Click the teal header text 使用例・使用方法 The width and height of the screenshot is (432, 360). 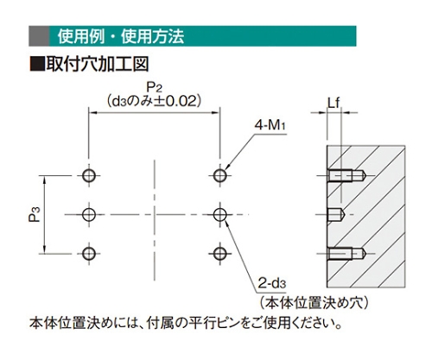click(x=121, y=36)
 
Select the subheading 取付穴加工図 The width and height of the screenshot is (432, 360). click(x=98, y=64)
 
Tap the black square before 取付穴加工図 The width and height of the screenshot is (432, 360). click(x=37, y=64)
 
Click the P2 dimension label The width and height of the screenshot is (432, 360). click(x=155, y=87)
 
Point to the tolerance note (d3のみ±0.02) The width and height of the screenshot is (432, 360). click(x=154, y=101)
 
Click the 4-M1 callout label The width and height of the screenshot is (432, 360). click(x=270, y=125)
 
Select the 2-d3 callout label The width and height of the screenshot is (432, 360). click(x=272, y=283)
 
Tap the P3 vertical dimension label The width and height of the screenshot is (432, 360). click(x=35, y=214)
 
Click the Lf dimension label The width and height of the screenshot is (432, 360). click(x=334, y=103)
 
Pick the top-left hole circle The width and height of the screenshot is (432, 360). click(x=89, y=175)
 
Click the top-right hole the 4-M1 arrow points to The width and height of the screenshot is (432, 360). click(x=220, y=175)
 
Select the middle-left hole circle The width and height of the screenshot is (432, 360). click(x=89, y=214)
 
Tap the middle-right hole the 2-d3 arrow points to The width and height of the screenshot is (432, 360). click(x=220, y=214)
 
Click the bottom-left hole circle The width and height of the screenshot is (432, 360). click(x=89, y=254)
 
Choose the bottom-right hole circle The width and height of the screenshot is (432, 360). click(x=220, y=254)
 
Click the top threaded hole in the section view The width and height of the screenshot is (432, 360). click(x=346, y=175)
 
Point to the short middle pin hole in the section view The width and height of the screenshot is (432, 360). click(x=335, y=214)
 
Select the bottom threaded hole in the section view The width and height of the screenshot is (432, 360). click(x=346, y=254)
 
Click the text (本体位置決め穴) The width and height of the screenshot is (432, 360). click(x=314, y=303)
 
